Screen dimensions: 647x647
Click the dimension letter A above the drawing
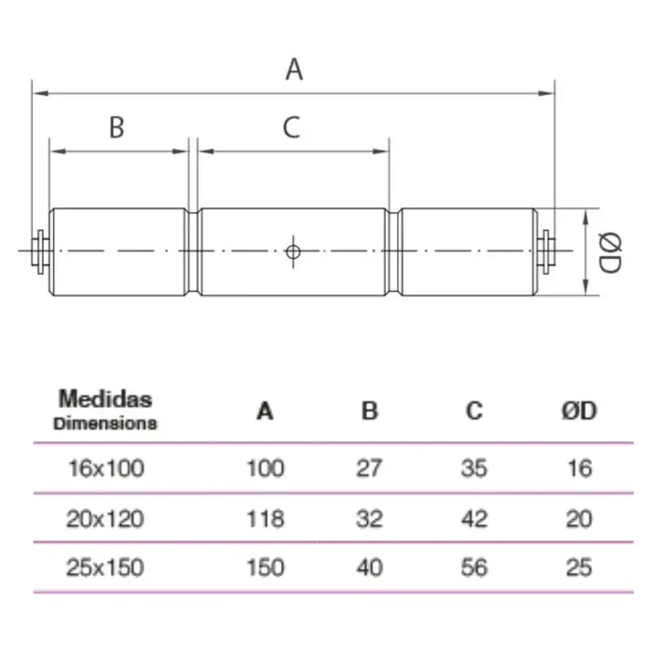click(294, 70)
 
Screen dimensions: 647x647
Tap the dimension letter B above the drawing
click(116, 127)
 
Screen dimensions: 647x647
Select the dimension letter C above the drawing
click(291, 127)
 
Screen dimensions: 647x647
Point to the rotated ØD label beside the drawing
click(610, 252)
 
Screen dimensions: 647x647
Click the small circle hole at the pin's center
click(293, 252)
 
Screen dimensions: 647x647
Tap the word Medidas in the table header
click(106, 399)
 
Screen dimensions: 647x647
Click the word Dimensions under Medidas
click(105, 424)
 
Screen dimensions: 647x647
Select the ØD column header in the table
click(579, 411)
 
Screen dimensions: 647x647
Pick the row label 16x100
click(106, 468)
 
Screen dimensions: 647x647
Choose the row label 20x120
click(105, 518)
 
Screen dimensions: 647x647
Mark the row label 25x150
click(105, 568)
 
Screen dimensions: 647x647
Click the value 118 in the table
click(265, 518)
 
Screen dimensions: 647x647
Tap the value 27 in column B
click(370, 468)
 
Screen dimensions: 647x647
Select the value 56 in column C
click(475, 568)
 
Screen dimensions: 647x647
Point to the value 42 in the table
click(475, 518)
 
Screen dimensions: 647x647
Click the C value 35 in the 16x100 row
click(475, 468)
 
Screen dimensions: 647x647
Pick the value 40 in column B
click(370, 568)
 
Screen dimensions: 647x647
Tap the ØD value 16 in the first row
click(580, 468)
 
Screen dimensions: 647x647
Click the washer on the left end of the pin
click(40, 252)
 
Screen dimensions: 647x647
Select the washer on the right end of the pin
click(546, 252)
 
